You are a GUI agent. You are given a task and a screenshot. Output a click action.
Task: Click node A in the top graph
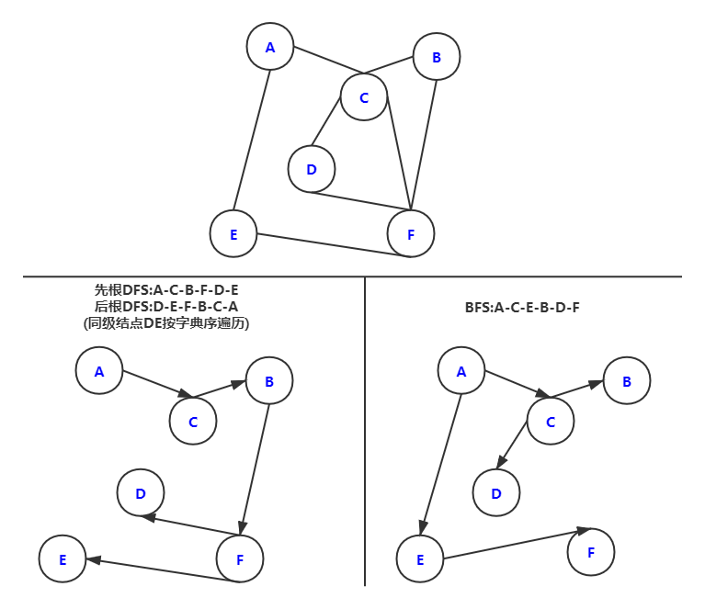(x=270, y=47)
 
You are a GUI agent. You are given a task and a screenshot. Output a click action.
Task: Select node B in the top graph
(x=436, y=57)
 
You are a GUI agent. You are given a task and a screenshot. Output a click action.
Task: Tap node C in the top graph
(x=364, y=97)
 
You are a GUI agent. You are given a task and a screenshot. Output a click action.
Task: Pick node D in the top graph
(x=312, y=169)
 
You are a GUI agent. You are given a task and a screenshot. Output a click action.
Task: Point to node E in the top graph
(x=233, y=234)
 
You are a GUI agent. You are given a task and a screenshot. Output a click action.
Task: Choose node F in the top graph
(x=411, y=234)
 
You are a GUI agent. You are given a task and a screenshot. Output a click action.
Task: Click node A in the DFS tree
(x=99, y=371)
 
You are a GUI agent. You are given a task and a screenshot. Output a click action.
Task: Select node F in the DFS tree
(x=240, y=558)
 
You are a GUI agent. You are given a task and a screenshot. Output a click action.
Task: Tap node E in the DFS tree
(x=63, y=559)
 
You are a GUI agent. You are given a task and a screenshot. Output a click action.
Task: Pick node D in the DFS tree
(x=141, y=493)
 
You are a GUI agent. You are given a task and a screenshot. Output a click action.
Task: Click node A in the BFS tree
(x=461, y=371)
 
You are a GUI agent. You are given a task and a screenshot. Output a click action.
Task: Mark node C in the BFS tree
(x=551, y=422)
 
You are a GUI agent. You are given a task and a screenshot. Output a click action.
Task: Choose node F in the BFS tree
(x=591, y=552)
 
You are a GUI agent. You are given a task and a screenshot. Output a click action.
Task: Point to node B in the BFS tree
(x=627, y=381)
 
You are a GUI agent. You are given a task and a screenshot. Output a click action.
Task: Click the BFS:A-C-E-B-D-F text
(x=522, y=307)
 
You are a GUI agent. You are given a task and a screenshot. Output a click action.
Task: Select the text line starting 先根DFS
(x=166, y=290)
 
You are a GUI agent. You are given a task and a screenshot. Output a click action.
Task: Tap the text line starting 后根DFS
(x=166, y=307)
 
